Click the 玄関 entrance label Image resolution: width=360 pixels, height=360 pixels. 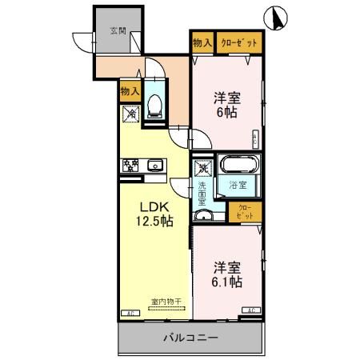(x=118, y=31)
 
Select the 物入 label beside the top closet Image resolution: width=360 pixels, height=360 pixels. (x=202, y=42)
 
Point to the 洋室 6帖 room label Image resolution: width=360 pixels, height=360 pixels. (x=226, y=106)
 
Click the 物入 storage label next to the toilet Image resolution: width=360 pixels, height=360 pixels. (x=130, y=91)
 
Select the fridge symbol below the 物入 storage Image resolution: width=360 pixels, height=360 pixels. (x=130, y=114)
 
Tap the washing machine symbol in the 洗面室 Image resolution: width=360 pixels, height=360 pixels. (x=203, y=170)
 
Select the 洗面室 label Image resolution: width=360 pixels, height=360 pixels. (x=203, y=196)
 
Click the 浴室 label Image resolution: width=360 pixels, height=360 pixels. (x=238, y=186)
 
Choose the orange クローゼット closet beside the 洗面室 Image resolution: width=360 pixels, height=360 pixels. (x=244, y=212)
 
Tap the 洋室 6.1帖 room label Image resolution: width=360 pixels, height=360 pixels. (x=226, y=274)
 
